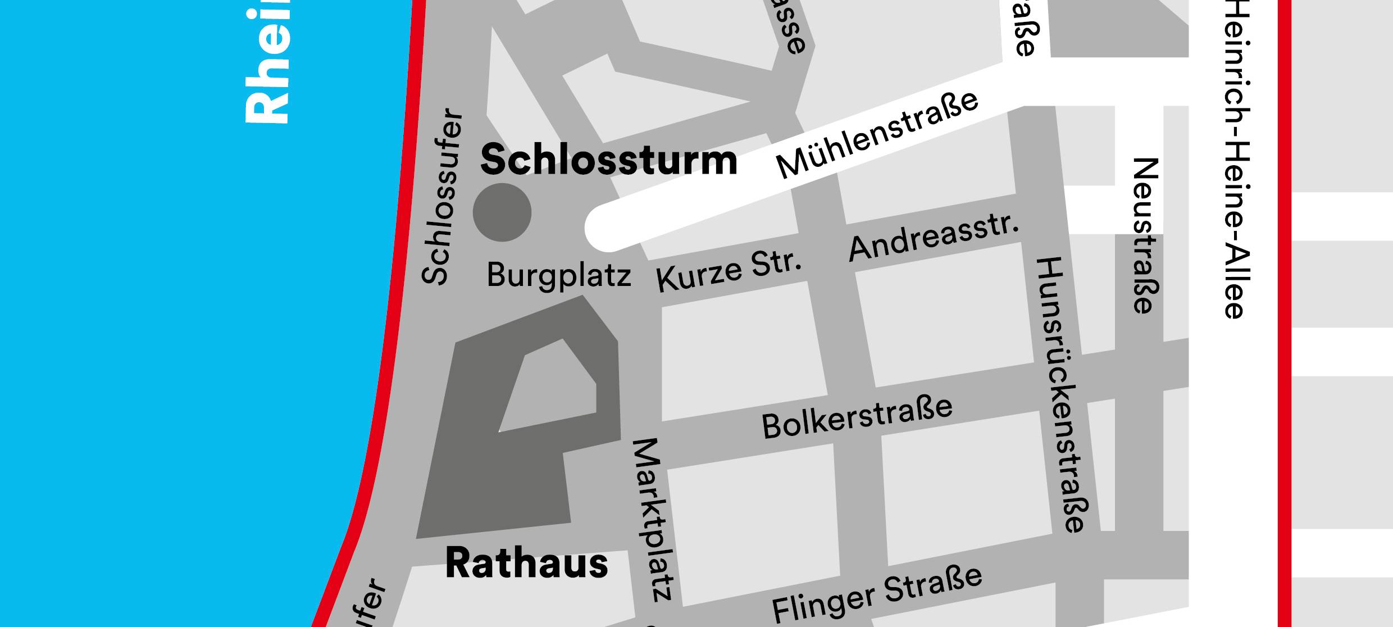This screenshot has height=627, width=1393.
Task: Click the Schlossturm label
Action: coord(608,160)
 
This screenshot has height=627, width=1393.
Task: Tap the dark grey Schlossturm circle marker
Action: coord(502,212)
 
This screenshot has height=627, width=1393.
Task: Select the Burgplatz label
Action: coord(558,275)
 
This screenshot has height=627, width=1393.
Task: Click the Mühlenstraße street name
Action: coord(876,135)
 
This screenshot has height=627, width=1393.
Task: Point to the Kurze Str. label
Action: coord(729,271)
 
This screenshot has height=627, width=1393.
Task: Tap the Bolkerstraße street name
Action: coord(857,418)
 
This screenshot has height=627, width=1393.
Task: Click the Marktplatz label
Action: coord(653,520)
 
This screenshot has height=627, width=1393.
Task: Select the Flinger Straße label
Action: coord(876,593)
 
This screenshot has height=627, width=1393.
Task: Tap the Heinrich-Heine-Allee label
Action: coord(1236,160)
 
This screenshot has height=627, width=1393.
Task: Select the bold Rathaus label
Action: coord(526,564)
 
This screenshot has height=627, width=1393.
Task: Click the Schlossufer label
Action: coord(442,197)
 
